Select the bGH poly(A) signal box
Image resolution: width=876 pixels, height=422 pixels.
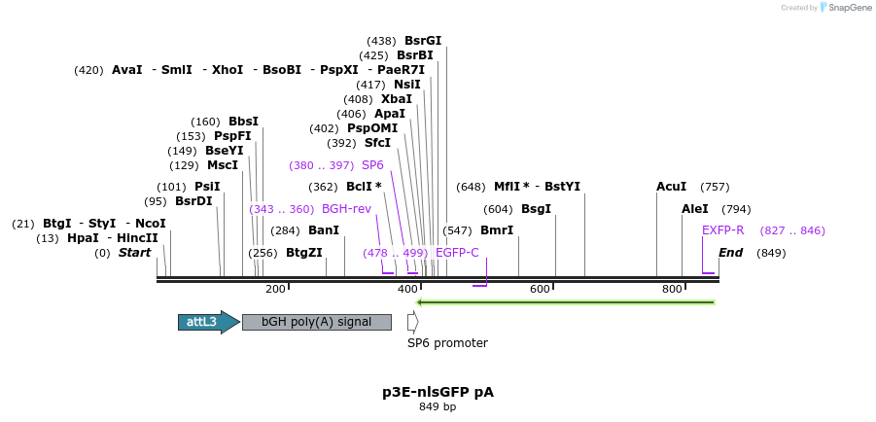coord(316,322)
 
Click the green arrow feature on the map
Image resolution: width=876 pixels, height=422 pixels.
coord(565,302)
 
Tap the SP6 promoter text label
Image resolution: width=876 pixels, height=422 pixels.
coord(447,342)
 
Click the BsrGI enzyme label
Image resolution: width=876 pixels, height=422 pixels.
coord(423,41)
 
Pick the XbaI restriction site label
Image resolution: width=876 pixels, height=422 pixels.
coord(397,99)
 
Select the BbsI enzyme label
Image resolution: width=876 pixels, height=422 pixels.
coord(243,122)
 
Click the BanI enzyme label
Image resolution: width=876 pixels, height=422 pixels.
coord(324,230)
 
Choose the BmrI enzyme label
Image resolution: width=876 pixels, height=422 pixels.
coord(497,230)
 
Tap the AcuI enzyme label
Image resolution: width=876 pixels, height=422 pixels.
coord(671,187)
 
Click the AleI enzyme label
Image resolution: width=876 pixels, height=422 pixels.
coord(695,209)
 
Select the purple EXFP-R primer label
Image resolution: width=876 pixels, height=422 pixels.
coord(722,230)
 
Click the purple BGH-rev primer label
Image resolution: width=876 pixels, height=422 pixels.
coord(346,209)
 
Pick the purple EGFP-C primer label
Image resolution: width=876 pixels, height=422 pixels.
coord(457,253)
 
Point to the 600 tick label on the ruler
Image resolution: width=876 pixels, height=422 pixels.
coord(540,289)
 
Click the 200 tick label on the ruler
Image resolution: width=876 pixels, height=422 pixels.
coord(275,289)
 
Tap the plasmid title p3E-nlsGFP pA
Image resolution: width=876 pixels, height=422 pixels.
coord(438,392)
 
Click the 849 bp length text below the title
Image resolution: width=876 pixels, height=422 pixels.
coord(438,407)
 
